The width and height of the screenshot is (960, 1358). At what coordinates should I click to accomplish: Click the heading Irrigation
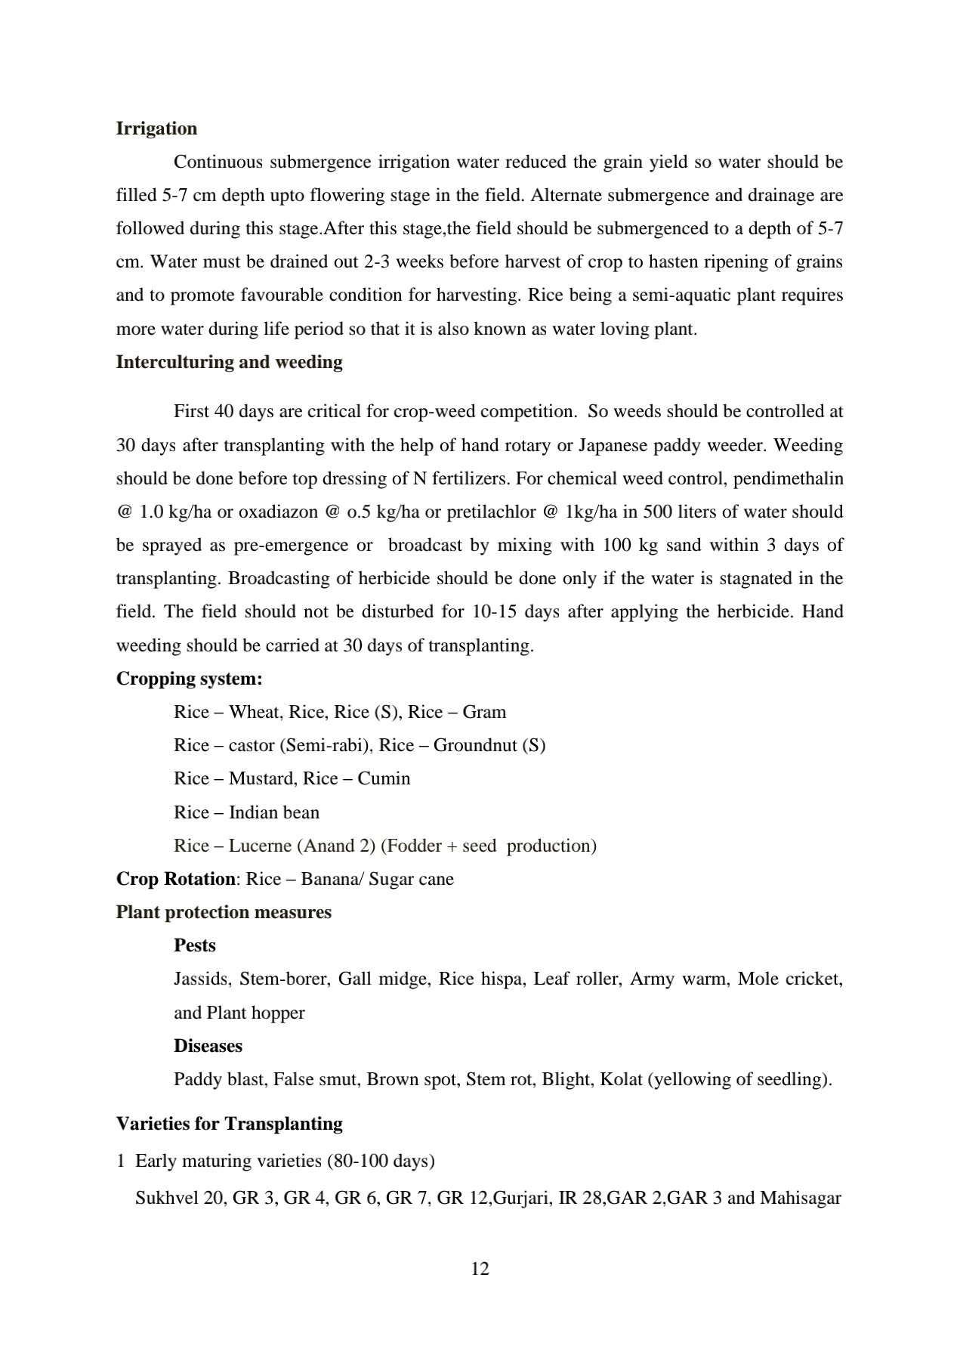point(156,128)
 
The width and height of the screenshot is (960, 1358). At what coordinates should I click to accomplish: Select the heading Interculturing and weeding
point(229,362)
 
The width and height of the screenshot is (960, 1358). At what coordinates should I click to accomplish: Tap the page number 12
point(480,1268)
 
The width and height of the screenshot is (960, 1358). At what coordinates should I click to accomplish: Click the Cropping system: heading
point(189,679)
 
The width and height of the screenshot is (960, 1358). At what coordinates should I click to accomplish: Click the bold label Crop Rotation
point(175,879)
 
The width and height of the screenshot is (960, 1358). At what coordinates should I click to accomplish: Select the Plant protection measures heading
point(224,912)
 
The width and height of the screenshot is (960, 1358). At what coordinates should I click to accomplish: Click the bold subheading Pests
point(194,945)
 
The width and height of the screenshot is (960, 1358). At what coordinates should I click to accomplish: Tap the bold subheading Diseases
point(208,1046)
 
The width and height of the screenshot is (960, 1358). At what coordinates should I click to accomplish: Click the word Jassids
point(201,979)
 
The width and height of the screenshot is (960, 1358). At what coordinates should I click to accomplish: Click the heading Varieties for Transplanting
point(229,1124)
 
